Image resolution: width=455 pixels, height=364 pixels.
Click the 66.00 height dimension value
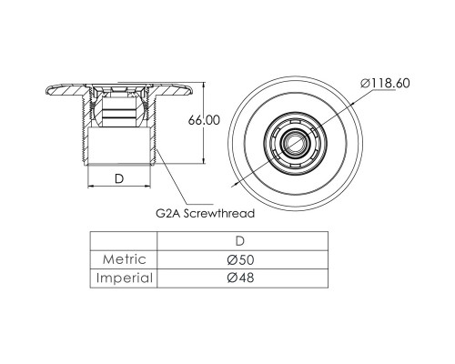click(204, 120)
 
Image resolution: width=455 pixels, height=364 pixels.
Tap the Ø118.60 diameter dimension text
click(385, 83)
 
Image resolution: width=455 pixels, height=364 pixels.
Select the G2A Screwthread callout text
click(206, 214)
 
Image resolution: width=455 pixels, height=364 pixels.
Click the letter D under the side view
click(119, 179)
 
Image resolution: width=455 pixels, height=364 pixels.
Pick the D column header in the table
click(240, 241)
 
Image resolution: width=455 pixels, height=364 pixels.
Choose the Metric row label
click(124, 259)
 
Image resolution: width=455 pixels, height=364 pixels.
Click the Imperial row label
click(125, 278)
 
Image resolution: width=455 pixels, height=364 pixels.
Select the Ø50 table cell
click(240, 259)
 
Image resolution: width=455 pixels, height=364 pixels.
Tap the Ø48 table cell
click(240, 278)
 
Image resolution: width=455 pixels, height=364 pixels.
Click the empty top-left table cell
click(124, 241)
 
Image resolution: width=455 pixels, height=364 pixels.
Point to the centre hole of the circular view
click(295, 142)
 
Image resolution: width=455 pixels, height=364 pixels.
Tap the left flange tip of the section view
click(46, 91)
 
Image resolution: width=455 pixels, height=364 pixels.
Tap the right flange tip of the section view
click(192, 90)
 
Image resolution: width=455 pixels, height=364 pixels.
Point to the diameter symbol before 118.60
click(365, 83)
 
